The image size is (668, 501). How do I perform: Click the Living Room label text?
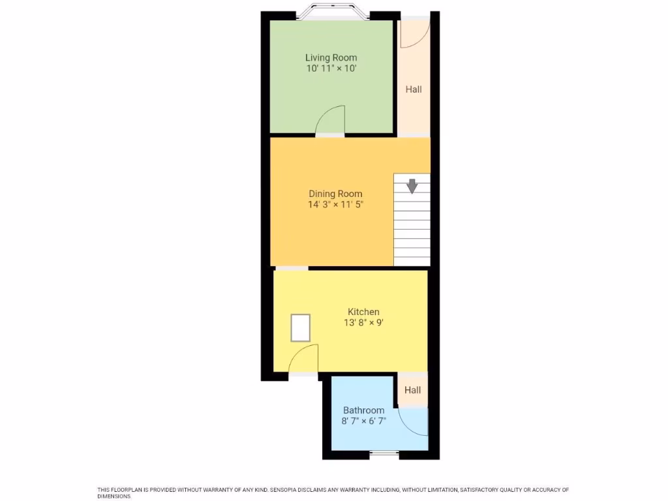click(331, 57)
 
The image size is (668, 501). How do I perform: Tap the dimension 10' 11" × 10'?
click(331, 68)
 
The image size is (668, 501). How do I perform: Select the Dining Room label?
click(335, 194)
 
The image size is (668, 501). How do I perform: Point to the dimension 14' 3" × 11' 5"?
click(335, 205)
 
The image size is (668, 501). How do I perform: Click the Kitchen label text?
click(363, 312)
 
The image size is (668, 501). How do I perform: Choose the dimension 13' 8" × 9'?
click(363, 323)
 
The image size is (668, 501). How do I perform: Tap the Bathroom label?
click(363, 410)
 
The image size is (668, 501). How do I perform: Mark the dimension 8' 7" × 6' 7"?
click(363, 421)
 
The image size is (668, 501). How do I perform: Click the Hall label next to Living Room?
click(414, 89)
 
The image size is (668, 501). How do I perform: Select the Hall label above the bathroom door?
click(412, 390)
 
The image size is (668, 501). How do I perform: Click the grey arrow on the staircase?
click(412, 187)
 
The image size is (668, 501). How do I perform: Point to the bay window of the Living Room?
click(331, 14)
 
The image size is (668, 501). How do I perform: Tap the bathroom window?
click(384, 453)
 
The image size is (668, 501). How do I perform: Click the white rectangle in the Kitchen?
click(301, 327)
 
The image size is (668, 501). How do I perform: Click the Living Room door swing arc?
click(331, 121)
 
